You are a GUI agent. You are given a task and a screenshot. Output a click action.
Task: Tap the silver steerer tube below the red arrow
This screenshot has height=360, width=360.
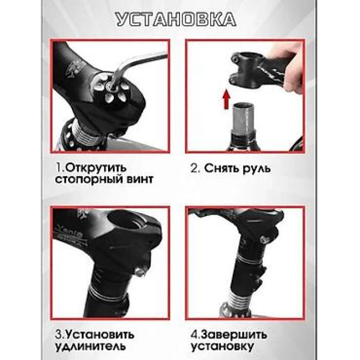click(239, 126)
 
